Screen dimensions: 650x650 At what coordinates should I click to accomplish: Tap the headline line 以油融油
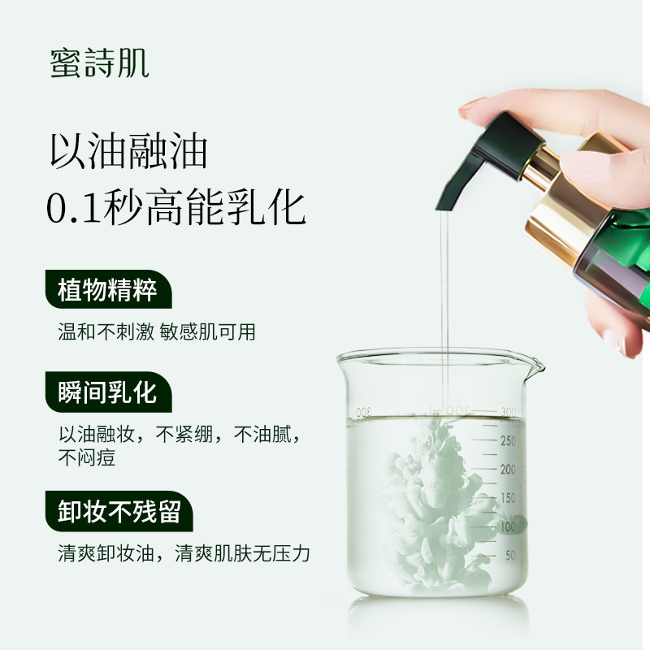tap(128, 151)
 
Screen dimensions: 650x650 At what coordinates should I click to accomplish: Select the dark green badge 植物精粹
tap(107, 290)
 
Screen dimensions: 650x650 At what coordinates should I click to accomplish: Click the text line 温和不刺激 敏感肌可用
tap(157, 332)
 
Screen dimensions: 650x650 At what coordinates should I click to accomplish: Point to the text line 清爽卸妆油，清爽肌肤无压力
tap(184, 554)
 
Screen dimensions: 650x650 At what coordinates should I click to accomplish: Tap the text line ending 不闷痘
tap(86, 457)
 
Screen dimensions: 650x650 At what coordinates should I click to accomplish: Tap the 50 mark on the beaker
tap(510, 556)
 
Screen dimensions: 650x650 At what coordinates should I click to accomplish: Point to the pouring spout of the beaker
tap(534, 366)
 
